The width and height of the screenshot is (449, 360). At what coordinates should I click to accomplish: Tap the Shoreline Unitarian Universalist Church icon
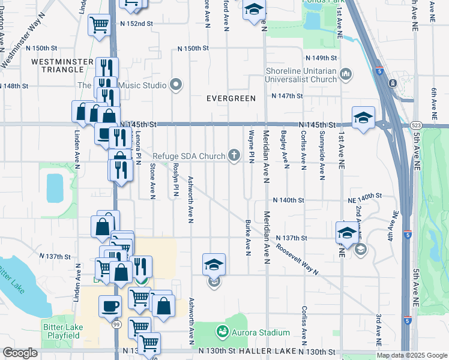[345, 74]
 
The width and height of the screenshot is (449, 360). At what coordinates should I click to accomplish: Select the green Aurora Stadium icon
[223, 332]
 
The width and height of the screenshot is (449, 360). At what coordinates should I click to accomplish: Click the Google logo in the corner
[20, 353]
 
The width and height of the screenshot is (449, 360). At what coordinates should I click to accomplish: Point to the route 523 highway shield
[416, 124]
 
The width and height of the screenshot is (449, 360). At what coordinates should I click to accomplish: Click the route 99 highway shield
[116, 324]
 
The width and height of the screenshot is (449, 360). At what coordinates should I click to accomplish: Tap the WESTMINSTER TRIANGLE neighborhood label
[62, 65]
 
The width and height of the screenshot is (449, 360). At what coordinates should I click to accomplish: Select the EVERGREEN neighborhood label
[231, 98]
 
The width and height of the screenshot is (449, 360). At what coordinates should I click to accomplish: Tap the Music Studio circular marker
[176, 85]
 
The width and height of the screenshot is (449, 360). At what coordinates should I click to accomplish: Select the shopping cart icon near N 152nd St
[99, 25]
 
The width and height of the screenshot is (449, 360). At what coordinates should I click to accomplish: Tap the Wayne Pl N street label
[251, 146]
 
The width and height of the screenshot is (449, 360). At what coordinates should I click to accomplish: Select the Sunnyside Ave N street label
[322, 155]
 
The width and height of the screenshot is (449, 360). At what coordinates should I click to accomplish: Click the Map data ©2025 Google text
[411, 355]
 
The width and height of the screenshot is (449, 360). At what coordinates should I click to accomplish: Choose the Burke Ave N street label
[247, 238]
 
